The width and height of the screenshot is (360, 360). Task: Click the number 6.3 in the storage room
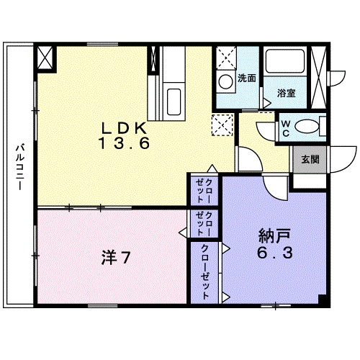(275, 253)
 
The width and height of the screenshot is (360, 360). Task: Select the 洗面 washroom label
(246, 78)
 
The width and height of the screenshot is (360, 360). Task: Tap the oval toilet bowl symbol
(307, 127)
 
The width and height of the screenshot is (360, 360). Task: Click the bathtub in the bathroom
(286, 67)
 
